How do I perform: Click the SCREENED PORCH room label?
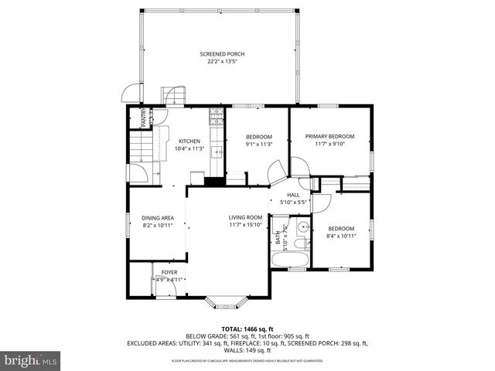[x=222, y=53]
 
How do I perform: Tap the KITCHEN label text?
[x=189, y=141]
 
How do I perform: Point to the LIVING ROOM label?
[x=245, y=218]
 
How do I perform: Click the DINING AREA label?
[x=157, y=218]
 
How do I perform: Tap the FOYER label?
[x=169, y=272]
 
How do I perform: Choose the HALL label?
[x=293, y=195]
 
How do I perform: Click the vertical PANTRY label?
[x=144, y=117]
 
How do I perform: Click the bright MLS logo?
[x=31, y=360]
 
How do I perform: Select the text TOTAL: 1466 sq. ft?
[x=247, y=329]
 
